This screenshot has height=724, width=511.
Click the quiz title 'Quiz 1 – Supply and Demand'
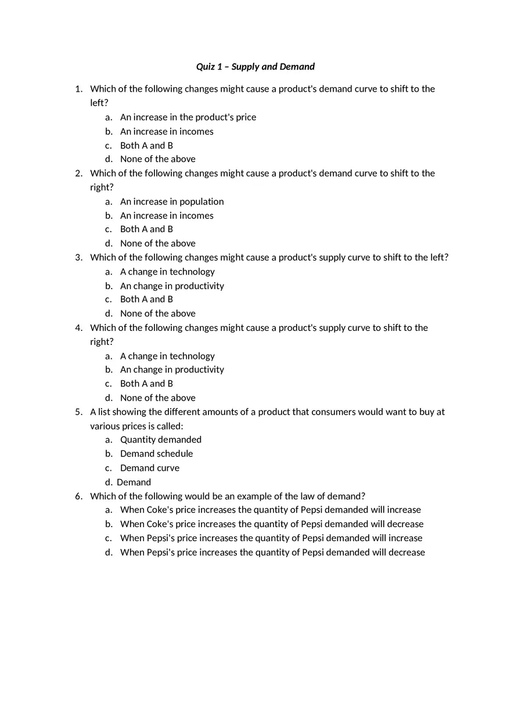click(x=255, y=67)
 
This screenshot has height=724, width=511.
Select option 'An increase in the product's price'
click(x=188, y=117)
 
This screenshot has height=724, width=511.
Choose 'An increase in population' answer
click(x=171, y=201)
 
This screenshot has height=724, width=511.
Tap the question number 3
click(x=78, y=257)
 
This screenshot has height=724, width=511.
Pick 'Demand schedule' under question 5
click(x=156, y=453)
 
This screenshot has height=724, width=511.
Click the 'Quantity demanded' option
click(x=160, y=440)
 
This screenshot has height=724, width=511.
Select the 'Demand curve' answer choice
click(x=149, y=468)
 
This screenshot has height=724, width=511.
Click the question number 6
click(x=78, y=496)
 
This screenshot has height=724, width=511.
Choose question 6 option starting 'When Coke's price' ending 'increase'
click(x=270, y=510)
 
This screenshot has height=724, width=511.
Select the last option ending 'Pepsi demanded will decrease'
click(x=272, y=552)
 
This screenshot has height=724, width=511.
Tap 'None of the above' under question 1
click(x=157, y=159)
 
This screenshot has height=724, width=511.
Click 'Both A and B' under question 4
click(x=146, y=384)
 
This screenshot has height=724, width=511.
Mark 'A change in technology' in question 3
click(x=167, y=272)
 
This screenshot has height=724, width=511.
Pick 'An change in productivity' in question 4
click(x=172, y=370)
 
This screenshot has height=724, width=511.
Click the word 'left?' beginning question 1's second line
click(x=99, y=103)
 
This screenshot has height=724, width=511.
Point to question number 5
click(x=78, y=412)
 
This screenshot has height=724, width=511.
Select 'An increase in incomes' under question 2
click(x=167, y=215)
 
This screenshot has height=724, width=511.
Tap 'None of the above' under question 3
click(x=157, y=314)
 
